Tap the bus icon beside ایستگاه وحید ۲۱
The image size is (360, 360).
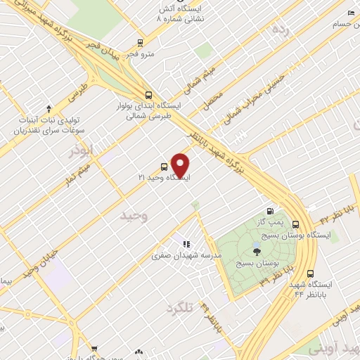click(164, 167)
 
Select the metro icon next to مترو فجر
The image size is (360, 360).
click(141, 41)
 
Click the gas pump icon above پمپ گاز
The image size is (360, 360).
click(270, 211)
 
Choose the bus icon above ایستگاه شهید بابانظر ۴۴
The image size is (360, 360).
click(310, 274)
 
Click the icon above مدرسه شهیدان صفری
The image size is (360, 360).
click(186, 243)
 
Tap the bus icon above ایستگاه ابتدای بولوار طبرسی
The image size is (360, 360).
click(148, 94)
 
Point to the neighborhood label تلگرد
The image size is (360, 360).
click(179, 308)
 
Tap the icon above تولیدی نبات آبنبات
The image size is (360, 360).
click(49, 108)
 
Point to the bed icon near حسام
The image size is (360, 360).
click(351, 13)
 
